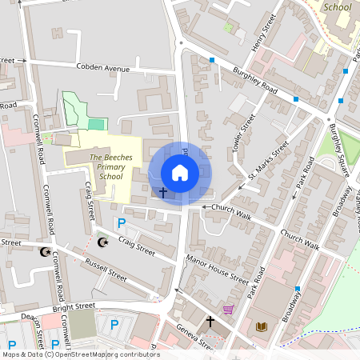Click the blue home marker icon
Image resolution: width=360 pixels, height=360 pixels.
(x=180, y=173)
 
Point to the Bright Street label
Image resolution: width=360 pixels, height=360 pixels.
(x=74, y=306)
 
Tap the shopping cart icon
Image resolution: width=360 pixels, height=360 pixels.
(x=228, y=310)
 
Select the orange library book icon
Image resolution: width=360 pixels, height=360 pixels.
(x=262, y=326)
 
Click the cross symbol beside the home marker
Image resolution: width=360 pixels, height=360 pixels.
(x=163, y=193)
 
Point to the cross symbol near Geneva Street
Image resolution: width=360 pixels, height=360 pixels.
(x=211, y=322)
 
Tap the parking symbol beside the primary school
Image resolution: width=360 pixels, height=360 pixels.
(x=122, y=223)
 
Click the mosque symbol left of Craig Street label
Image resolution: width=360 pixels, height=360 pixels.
(x=102, y=242)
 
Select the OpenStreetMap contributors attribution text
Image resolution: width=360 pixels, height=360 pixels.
(x=81, y=354)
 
